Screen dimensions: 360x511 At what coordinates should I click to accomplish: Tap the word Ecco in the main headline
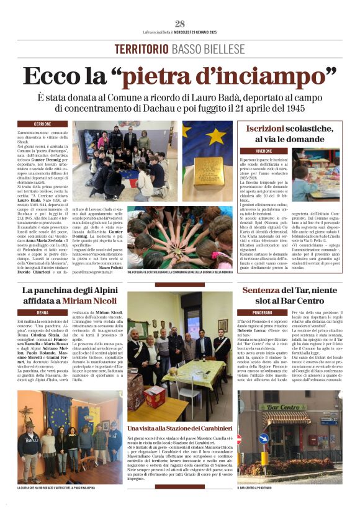tap(50, 76)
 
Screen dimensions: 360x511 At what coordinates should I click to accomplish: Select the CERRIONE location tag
tap(42, 124)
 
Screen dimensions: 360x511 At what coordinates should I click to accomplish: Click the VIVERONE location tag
tap(264, 151)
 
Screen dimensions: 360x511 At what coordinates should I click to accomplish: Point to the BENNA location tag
tap(42, 312)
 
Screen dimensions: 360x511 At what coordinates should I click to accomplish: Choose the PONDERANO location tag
tap(263, 312)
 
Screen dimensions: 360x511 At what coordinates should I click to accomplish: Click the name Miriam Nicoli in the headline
tap(89, 300)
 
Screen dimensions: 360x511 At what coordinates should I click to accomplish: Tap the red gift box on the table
tap(155, 396)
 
